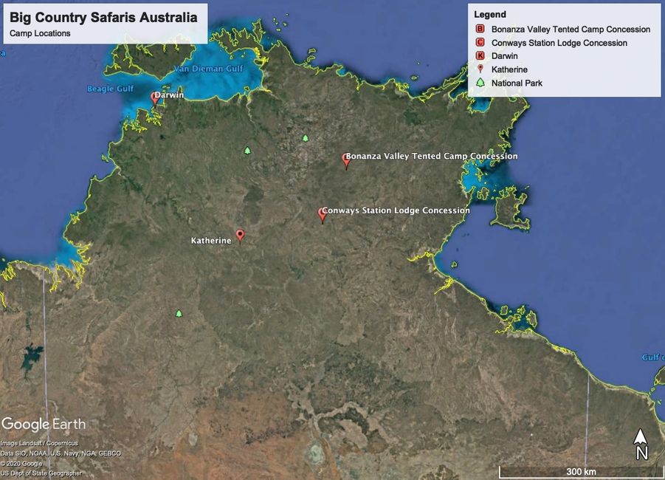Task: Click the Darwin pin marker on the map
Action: (155, 97)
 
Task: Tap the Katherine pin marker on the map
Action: (239, 235)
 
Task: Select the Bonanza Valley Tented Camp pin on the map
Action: (345, 160)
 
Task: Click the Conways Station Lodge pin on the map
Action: (323, 213)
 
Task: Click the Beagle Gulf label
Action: (111, 89)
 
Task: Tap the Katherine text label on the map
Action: (211, 241)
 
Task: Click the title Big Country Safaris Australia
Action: (103, 18)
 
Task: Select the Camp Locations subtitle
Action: (40, 33)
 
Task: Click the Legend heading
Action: (490, 14)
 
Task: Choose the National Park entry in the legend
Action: (517, 83)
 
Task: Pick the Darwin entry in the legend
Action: (506, 56)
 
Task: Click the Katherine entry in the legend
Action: (509, 69)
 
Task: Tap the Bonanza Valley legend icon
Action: (480, 30)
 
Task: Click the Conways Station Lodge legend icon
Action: (480, 43)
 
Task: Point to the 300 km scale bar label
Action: (581, 471)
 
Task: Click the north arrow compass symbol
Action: (641, 445)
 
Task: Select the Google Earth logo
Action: (43, 425)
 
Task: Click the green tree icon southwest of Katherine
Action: (179, 313)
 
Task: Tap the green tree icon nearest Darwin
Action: (247, 151)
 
